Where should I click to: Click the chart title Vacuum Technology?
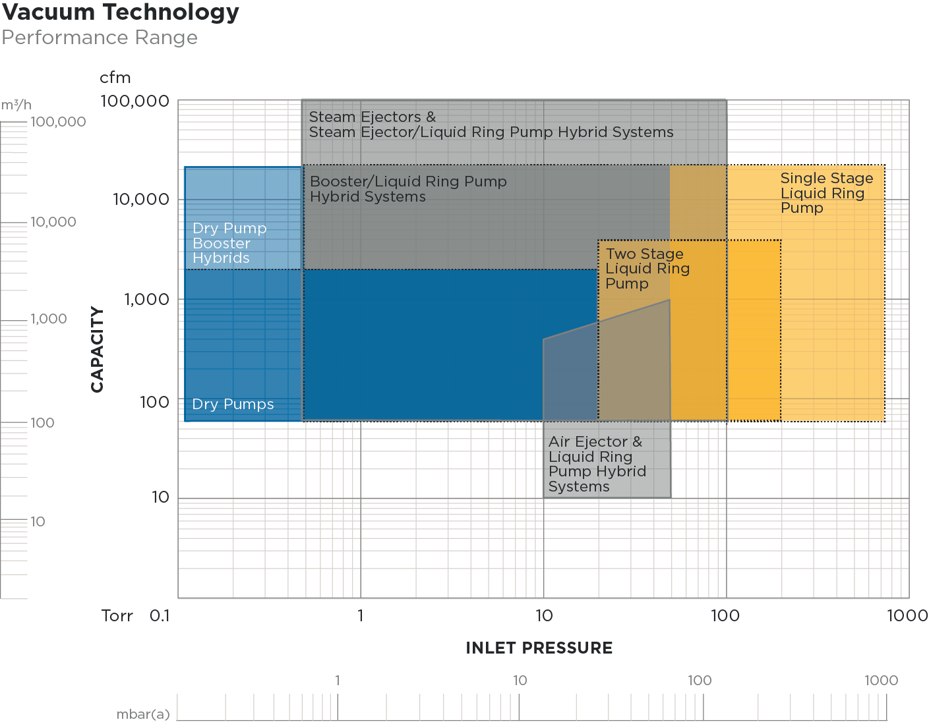[x=121, y=13]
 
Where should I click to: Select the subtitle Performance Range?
[x=100, y=38]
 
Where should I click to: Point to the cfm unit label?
[x=115, y=78]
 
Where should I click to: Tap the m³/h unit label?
[x=16, y=105]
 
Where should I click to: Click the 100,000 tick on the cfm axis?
[x=135, y=101]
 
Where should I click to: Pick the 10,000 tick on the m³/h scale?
[x=53, y=222]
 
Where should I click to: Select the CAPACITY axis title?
[x=98, y=349]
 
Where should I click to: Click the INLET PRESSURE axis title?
[x=539, y=648]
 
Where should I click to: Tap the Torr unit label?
[x=117, y=616]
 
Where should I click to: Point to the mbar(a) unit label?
[x=143, y=714]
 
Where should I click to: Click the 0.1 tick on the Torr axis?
[x=160, y=616]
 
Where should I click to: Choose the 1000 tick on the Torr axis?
[x=907, y=616]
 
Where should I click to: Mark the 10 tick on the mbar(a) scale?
[x=520, y=681]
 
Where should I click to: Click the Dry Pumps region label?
[x=233, y=405]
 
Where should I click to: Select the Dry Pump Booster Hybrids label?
[x=229, y=243]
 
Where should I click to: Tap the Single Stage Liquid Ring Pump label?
[x=827, y=193]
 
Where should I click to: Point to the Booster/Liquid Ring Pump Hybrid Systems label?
[x=408, y=189]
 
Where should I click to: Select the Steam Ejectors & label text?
[x=373, y=117]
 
